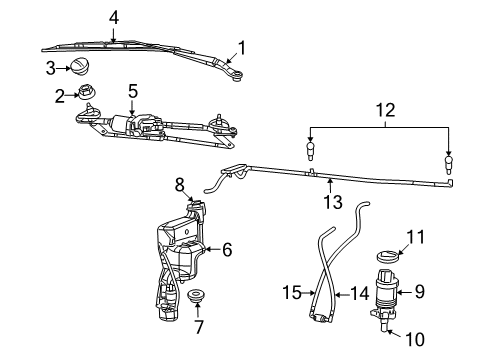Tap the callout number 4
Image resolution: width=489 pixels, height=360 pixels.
point(114,16)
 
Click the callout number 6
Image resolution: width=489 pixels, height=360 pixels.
point(227,250)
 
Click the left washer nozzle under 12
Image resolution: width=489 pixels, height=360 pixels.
point(311,154)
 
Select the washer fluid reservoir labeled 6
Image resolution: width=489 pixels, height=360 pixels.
point(180,260)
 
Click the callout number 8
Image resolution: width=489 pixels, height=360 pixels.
point(180,184)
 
